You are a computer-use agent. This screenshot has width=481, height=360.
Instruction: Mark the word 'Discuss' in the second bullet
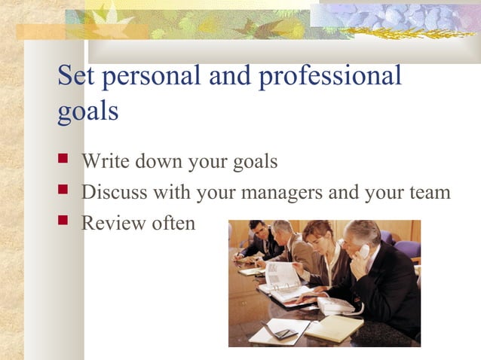114,193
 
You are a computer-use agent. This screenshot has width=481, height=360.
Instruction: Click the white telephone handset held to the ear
364,252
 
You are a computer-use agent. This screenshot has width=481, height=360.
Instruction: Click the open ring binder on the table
283,283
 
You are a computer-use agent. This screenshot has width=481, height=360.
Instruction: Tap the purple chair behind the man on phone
408,248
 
